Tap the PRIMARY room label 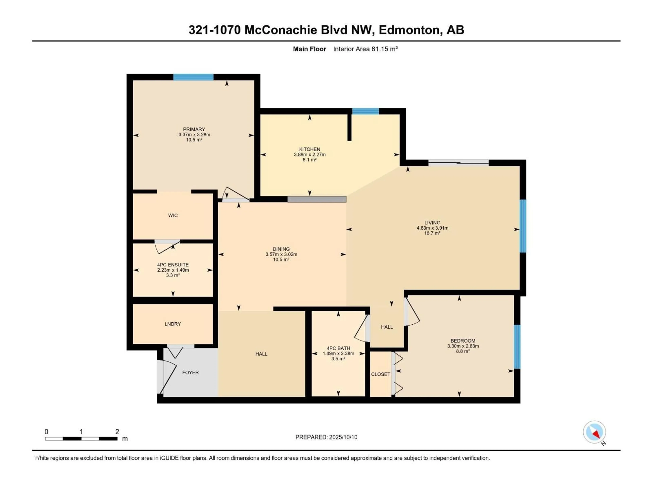[194, 129]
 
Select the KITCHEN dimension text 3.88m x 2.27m [310, 154]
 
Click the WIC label [173, 216]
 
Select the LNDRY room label [173, 324]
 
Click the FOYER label [190, 372]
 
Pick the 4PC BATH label [338, 348]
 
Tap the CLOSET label [381, 374]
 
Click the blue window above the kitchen [365, 111]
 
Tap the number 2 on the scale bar [117, 431]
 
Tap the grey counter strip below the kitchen [317, 199]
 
